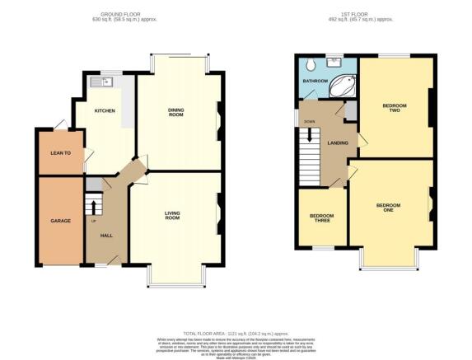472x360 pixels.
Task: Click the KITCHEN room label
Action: [104, 111]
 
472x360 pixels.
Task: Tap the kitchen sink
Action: [100, 81]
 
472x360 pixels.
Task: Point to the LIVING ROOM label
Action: [172, 216]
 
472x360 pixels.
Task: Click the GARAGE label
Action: [60, 221]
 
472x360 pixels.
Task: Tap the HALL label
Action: [106, 236]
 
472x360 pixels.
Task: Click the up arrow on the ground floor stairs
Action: [93, 206]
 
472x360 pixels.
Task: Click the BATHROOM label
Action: [314, 82]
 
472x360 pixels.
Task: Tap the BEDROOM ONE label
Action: [389, 207]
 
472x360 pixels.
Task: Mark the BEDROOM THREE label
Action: [321, 218]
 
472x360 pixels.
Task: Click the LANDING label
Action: [337, 143]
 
